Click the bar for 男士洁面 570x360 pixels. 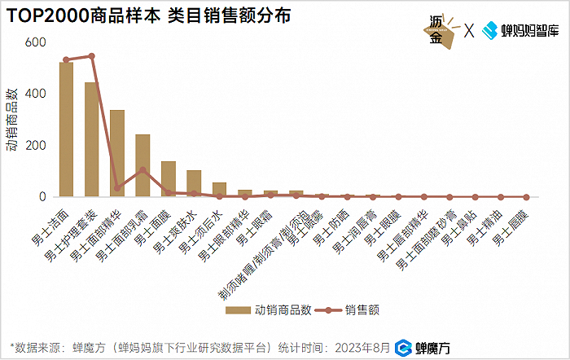click(66, 130)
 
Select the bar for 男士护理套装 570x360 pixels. click(91, 139)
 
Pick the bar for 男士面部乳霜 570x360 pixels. click(142, 165)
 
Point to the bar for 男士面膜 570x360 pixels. click(169, 179)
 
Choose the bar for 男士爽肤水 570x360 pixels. click(194, 184)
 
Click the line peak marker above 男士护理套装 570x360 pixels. click(91, 56)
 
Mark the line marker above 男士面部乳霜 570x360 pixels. click(142, 170)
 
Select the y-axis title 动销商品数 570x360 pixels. click(12, 120)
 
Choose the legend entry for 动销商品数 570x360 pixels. click(270, 310)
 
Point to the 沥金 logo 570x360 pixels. click(440, 31)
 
